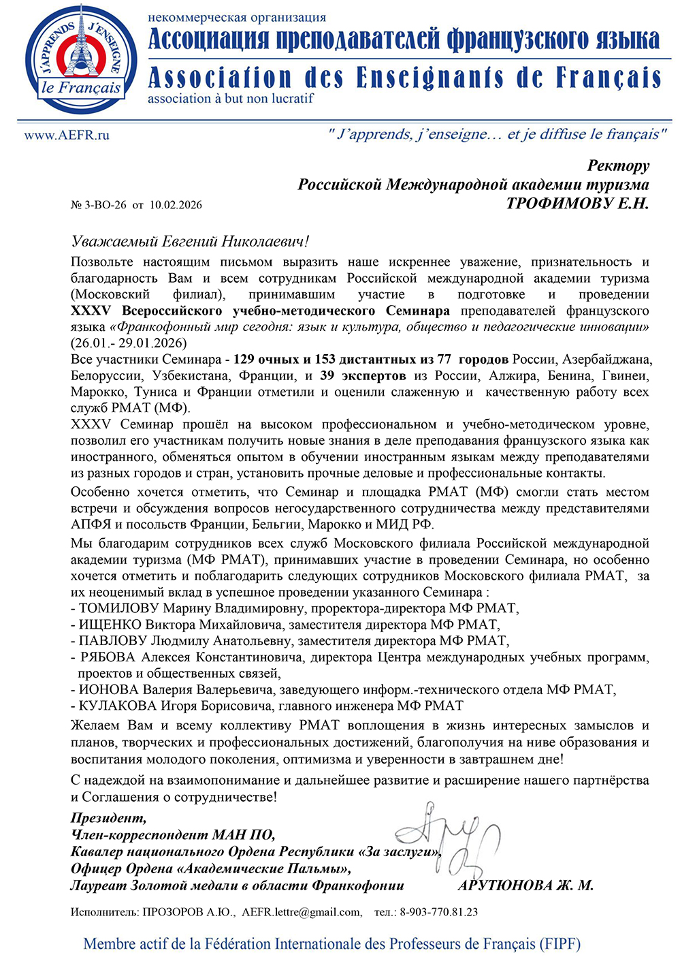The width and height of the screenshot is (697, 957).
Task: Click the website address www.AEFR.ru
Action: coord(66,135)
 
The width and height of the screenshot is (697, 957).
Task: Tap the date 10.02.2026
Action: coord(176,205)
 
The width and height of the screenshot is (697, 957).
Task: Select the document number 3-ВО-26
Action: coord(104,205)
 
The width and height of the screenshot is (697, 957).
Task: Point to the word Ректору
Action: coord(618,166)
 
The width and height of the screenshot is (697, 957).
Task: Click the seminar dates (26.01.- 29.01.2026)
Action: coord(129,343)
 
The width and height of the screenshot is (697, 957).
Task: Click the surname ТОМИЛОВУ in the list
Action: coord(119,608)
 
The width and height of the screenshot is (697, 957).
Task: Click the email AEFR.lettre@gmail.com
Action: coord(302,912)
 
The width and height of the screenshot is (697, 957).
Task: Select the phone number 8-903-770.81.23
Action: coord(438,912)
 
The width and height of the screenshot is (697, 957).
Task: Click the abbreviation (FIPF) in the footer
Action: coord(557,944)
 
